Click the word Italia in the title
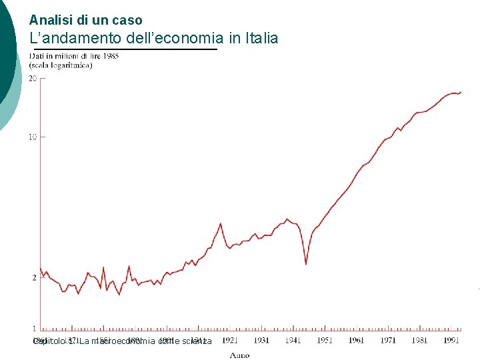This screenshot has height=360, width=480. pyautogui.click(x=261, y=38)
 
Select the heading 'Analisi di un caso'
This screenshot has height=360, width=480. pyautogui.click(x=85, y=20)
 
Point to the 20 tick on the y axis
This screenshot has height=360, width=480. pyautogui.click(x=32, y=78)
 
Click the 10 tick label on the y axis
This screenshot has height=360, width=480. pyautogui.click(x=32, y=137)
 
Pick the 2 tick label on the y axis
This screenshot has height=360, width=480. pyautogui.click(x=34, y=277)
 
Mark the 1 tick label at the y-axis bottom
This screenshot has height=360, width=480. pyautogui.click(x=34, y=329)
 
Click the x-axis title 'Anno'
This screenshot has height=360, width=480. pyautogui.click(x=239, y=355)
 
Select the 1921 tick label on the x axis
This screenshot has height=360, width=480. pyautogui.click(x=229, y=340)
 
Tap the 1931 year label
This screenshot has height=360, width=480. pyautogui.click(x=261, y=340)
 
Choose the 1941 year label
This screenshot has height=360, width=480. pyautogui.click(x=293, y=340)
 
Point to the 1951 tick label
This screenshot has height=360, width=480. pyautogui.click(x=325, y=340)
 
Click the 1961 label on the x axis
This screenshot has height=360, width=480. pyautogui.click(x=356, y=340)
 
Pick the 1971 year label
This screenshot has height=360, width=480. pyautogui.click(x=388, y=340)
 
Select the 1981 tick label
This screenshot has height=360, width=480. pyautogui.click(x=419, y=340)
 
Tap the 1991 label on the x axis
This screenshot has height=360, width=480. pyautogui.click(x=451, y=340)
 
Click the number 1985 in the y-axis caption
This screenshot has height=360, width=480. pyautogui.click(x=109, y=56)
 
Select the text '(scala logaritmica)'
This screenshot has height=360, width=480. pyautogui.click(x=60, y=65)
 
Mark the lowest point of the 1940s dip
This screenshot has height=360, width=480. pyautogui.click(x=306, y=264)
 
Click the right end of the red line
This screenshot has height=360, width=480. pyautogui.click(x=461, y=92)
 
